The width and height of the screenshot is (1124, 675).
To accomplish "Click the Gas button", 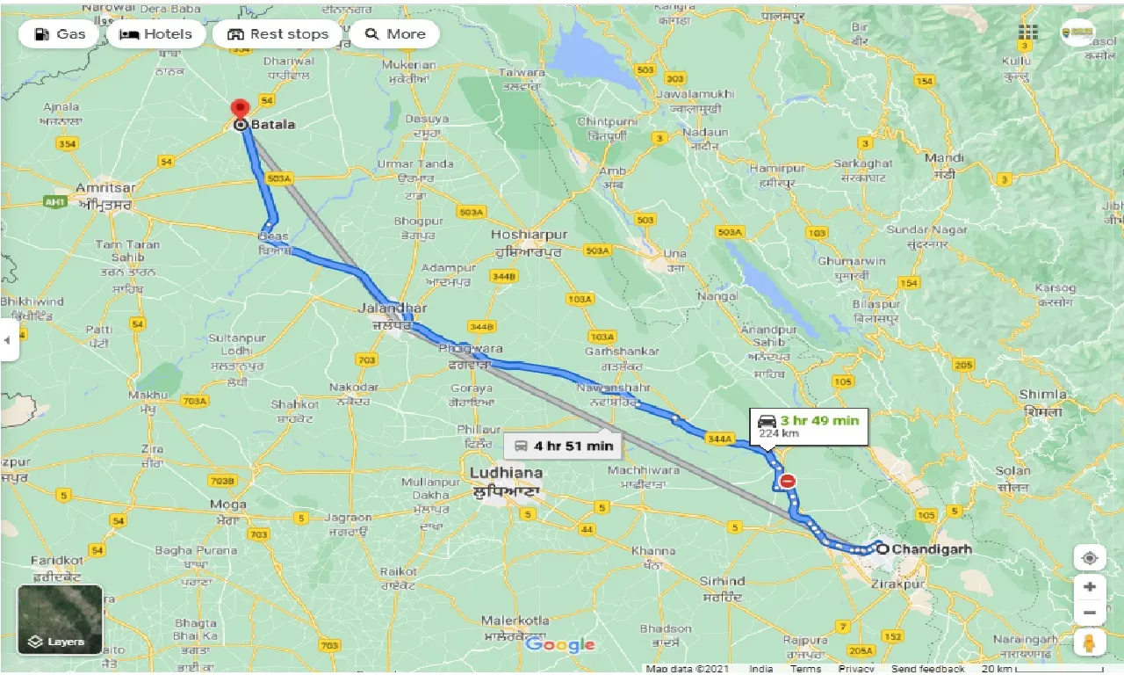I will [59, 34].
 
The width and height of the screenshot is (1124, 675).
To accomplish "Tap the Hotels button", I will [155, 34].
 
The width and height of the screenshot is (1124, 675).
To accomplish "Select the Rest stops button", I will [277, 34].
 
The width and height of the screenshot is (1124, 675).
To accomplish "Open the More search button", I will [395, 34].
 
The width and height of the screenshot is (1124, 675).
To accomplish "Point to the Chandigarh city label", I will [932, 548].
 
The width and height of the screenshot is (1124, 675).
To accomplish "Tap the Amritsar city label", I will [104, 188].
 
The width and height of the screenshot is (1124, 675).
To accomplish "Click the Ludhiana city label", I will [504, 472].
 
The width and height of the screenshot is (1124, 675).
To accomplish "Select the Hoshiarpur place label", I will [530, 235].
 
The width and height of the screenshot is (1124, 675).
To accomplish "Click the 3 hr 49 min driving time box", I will [809, 426].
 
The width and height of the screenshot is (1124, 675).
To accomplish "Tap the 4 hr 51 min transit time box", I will [563, 446].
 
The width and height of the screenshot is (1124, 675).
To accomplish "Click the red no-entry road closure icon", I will [788, 481].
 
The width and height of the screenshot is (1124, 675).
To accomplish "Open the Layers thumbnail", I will [60, 620].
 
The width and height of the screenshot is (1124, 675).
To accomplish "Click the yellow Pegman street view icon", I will [1089, 642].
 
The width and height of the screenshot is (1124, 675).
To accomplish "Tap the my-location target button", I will [1089, 558].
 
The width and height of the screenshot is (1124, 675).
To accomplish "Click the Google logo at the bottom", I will [560, 645].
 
